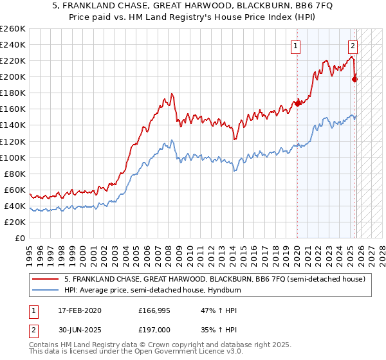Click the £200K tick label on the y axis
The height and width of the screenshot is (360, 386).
[12, 76]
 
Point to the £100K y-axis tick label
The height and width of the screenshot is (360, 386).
[12, 157]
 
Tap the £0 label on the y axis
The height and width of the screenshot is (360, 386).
[20, 238]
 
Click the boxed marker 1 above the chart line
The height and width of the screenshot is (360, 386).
[295, 45]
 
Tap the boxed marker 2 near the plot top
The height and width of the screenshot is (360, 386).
[353, 45]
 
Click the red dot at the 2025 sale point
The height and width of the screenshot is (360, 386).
[355, 79]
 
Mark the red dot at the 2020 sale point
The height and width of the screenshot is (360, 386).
[297, 103]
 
